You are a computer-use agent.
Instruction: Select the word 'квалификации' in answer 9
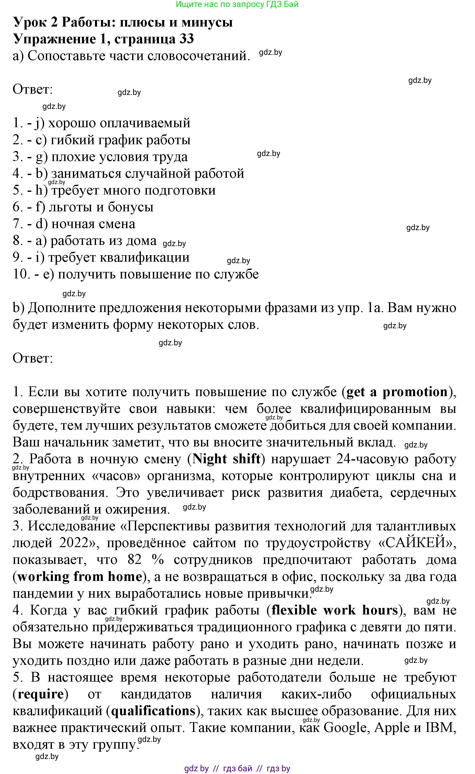pos(145,258)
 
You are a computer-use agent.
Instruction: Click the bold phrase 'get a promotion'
pos(397,392)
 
